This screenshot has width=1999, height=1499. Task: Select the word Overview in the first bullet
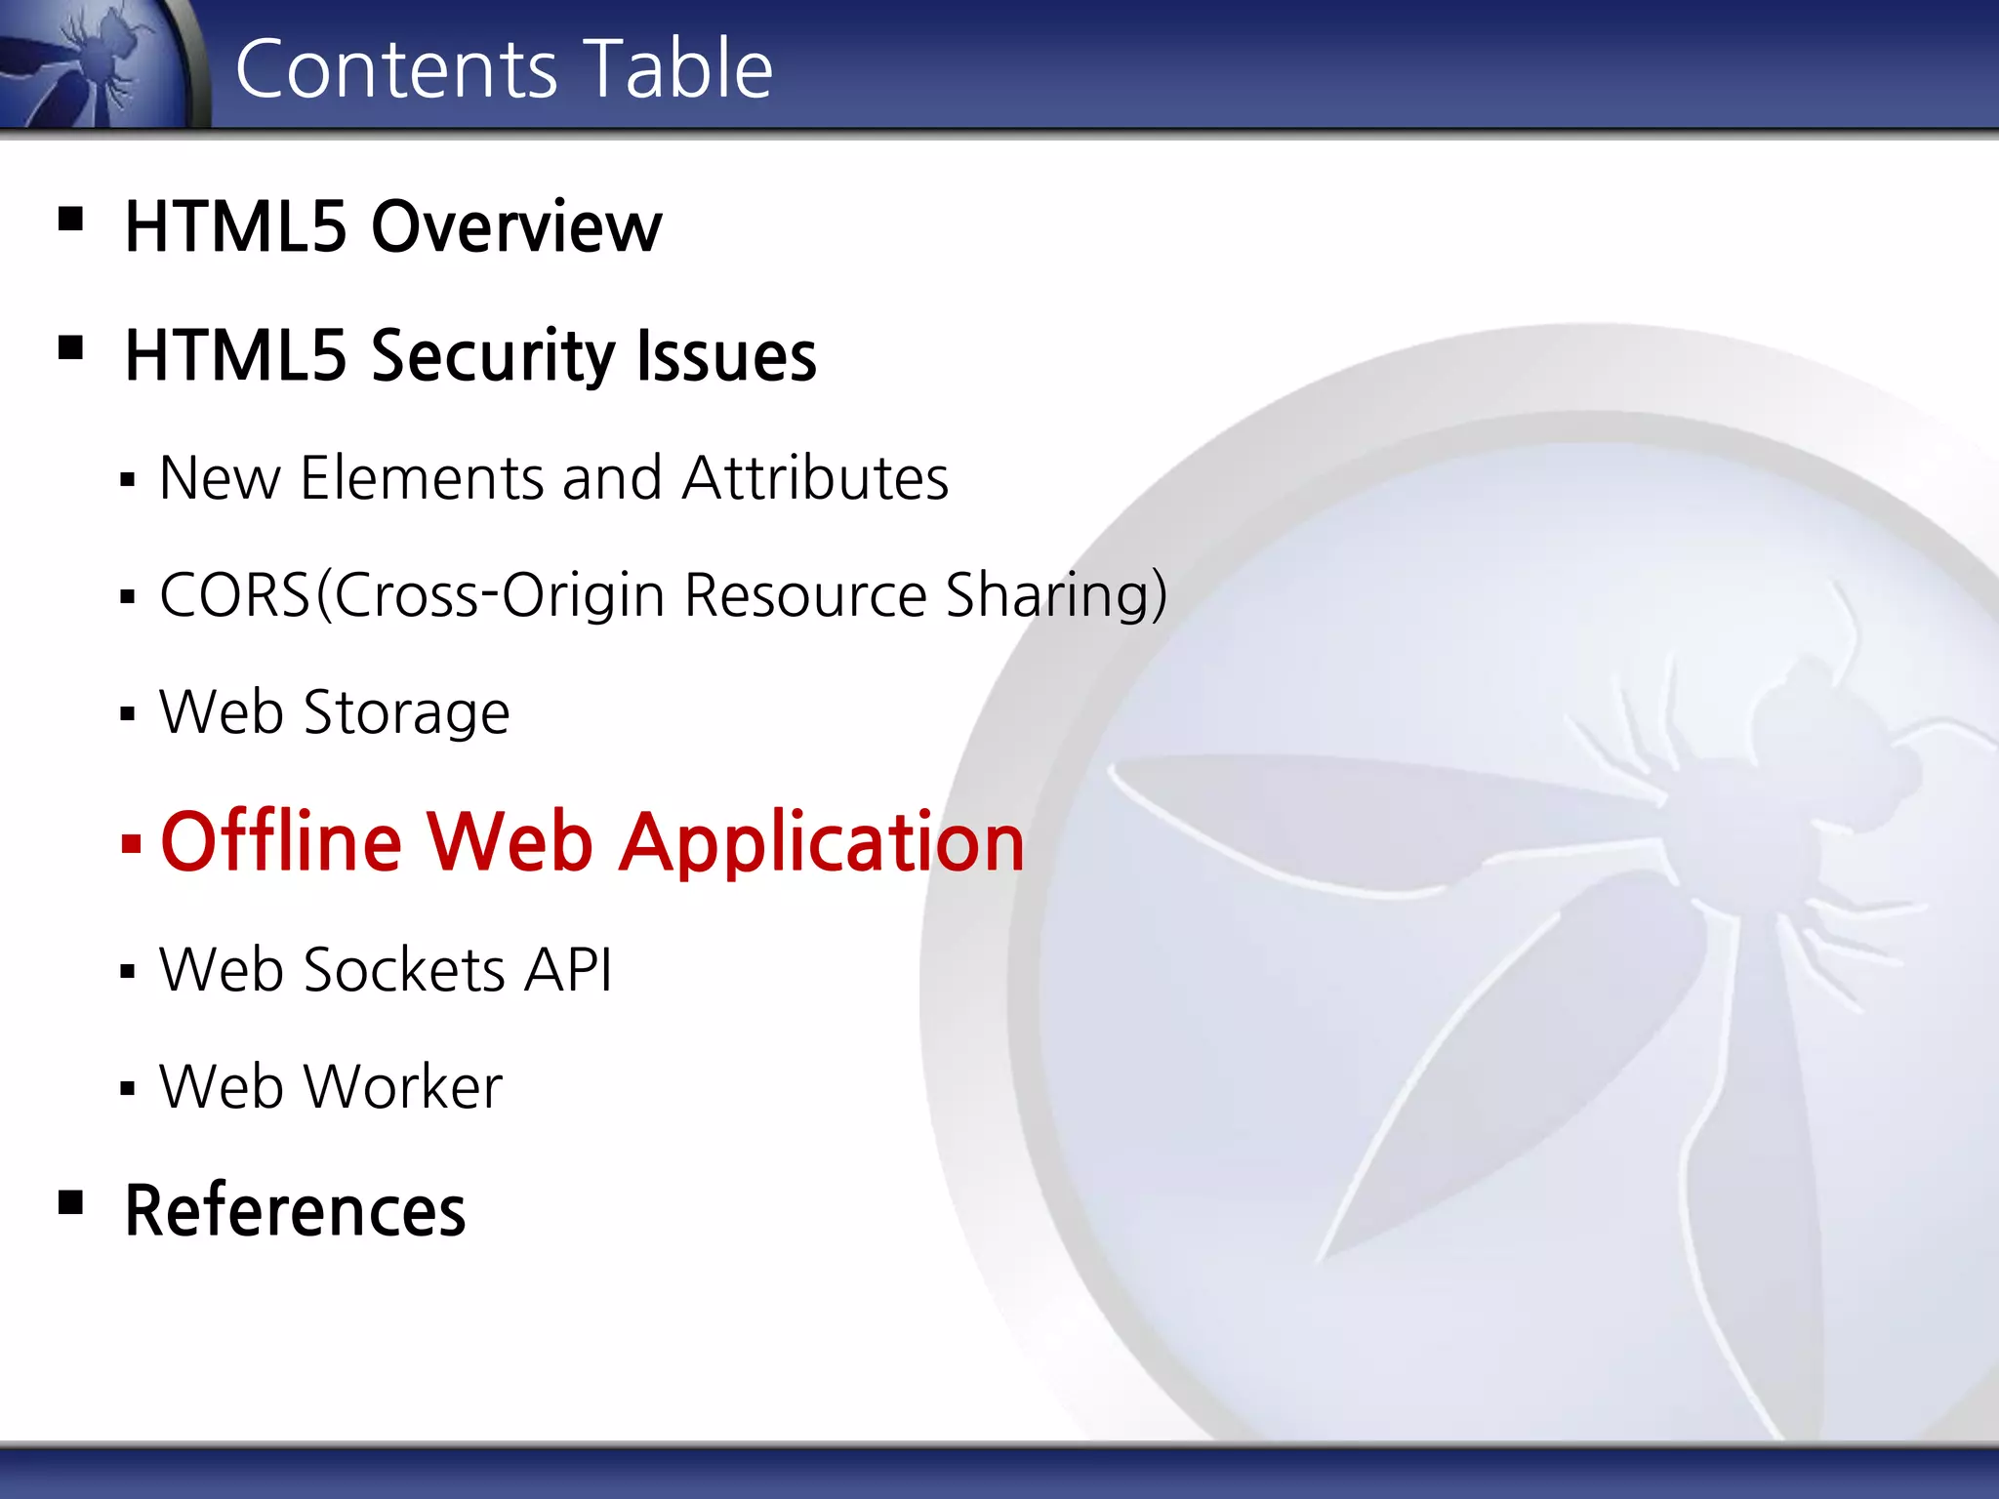point(516,227)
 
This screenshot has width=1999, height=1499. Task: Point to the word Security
point(492,357)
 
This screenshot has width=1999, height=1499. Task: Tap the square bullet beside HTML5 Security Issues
point(70,347)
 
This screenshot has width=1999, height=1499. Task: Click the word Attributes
point(815,478)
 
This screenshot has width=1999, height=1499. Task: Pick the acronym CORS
point(235,595)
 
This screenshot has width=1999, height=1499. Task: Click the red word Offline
point(281,841)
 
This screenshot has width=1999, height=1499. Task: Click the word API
point(568,970)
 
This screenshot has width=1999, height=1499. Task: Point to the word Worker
point(403,1087)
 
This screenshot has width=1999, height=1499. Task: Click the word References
point(295,1211)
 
